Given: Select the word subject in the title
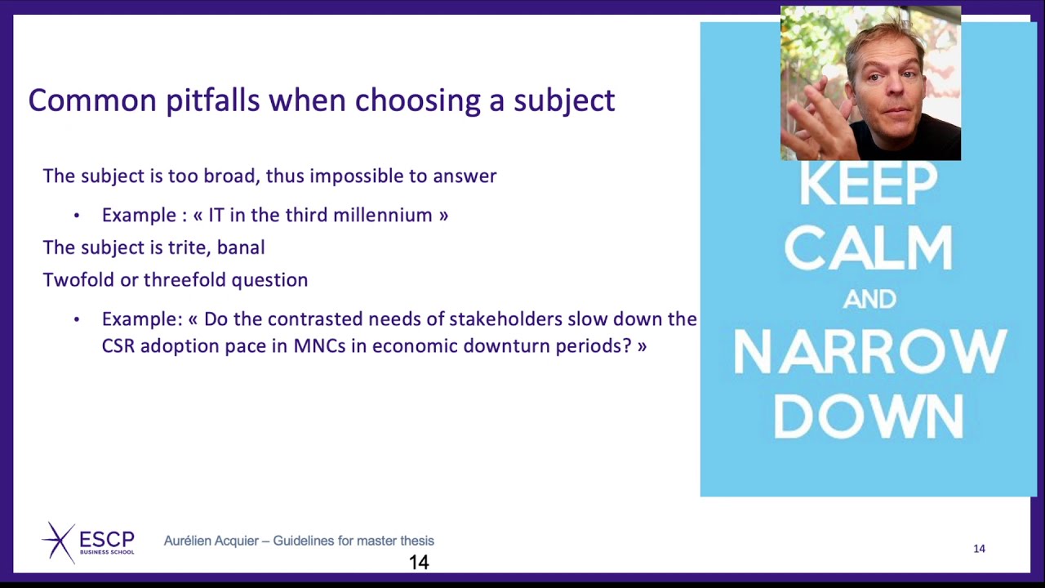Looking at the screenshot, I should click(x=563, y=100).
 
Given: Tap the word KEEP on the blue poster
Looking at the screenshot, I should click(x=868, y=185).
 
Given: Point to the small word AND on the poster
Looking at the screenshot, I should click(x=869, y=300).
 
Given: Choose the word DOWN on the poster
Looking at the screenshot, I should click(x=869, y=416).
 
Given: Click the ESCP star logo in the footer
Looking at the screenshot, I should click(x=59, y=541).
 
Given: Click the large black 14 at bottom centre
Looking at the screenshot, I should click(x=419, y=563).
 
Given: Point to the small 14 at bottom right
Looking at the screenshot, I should click(x=979, y=549).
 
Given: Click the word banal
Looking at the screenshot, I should click(x=241, y=247).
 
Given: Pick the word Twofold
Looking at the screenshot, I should click(x=78, y=280).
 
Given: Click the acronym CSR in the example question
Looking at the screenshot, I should click(x=118, y=346).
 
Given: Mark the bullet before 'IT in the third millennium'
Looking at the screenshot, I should click(x=77, y=216).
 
